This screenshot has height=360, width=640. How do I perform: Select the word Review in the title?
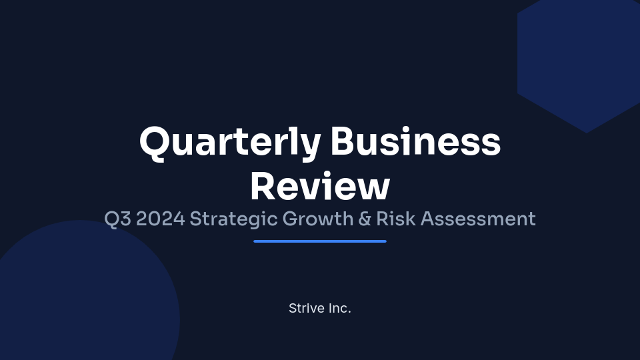[320, 186]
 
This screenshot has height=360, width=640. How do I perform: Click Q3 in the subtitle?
[117, 219]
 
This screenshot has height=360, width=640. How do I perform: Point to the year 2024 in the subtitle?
[160, 219]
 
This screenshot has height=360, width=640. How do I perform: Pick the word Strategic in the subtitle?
[233, 219]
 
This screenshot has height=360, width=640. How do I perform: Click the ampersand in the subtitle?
[364, 219]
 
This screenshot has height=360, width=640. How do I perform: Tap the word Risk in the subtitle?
[396, 219]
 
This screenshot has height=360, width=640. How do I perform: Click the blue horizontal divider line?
[320, 241]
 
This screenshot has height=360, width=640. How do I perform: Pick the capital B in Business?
[344, 141]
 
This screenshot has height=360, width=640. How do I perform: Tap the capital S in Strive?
[293, 309]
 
